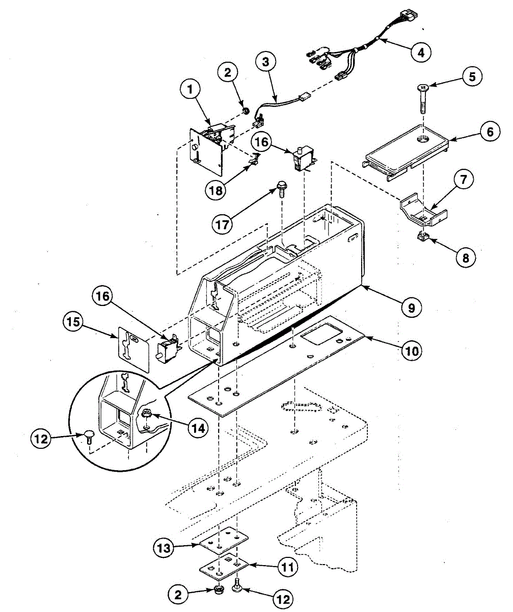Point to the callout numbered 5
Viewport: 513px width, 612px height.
coord(472,78)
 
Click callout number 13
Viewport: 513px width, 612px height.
coord(165,549)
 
